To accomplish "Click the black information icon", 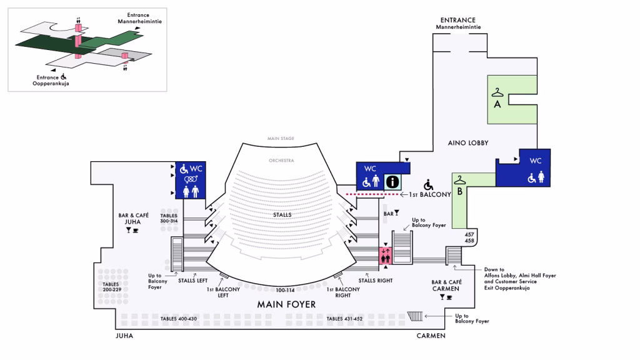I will (x=392, y=181).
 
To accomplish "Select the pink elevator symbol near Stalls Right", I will (x=386, y=254).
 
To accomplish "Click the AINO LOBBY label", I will (x=468, y=143).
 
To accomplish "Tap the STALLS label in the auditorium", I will (x=282, y=214).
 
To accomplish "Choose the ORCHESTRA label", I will (x=281, y=161).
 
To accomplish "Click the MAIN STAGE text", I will (x=281, y=138).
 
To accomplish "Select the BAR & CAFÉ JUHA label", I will (x=132, y=218).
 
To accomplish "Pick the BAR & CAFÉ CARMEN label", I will (x=446, y=286).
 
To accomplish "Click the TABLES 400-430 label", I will (x=178, y=319).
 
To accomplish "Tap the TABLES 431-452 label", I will (x=344, y=319).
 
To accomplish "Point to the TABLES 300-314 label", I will (x=169, y=218).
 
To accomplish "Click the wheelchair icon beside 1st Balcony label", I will (x=428, y=184).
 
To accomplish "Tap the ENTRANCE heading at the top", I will (x=457, y=20).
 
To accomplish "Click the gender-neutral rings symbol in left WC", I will (x=191, y=180).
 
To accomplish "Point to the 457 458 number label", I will (x=469, y=237).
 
